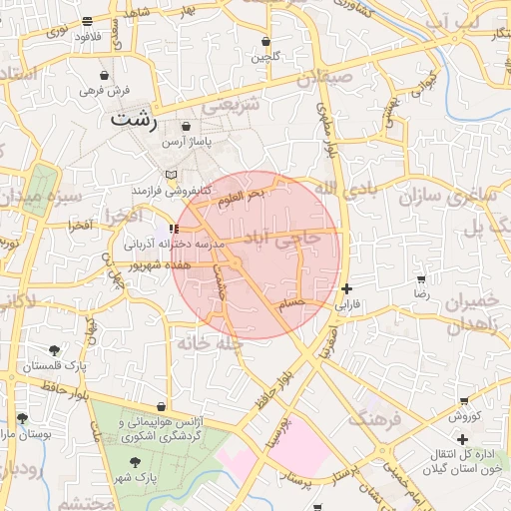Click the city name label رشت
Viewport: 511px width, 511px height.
point(135,119)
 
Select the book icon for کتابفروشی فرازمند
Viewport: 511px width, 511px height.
point(172,175)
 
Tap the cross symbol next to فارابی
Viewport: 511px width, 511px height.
point(346,288)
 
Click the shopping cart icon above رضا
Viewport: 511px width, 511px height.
point(421,279)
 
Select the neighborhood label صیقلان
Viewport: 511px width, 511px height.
point(328,74)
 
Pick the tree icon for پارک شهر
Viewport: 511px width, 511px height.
point(136,461)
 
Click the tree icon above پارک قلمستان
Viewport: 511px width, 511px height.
point(53,350)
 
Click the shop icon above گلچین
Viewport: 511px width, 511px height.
point(265,42)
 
